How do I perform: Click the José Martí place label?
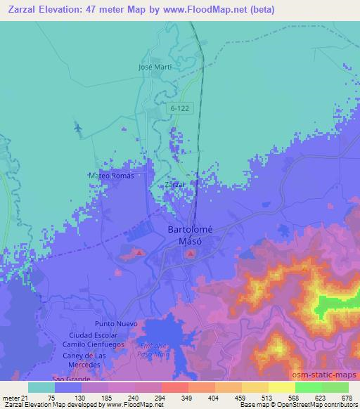[155, 67]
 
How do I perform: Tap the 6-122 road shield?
[179, 109]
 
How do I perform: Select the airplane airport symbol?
[77, 128]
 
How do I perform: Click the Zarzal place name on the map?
[174, 185]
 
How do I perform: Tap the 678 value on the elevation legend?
[347, 396]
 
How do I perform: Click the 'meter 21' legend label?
[14, 396]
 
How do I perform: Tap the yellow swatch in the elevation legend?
[282, 387]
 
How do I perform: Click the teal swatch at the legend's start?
[41, 387]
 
